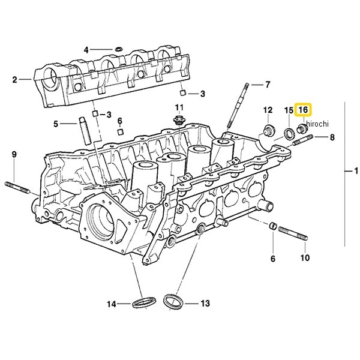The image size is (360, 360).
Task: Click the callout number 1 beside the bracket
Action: (x=349, y=172)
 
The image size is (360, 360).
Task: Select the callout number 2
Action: (x=15, y=79)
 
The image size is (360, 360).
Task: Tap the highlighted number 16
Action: (x=304, y=110)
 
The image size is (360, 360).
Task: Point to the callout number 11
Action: (x=178, y=108)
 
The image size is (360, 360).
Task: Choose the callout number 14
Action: (x=111, y=304)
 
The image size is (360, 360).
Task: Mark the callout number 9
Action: (x=14, y=155)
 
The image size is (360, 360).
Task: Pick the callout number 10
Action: (x=305, y=259)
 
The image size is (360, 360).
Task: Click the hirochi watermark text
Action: (x=314, y=124)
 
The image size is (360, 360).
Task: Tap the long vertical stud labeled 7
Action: (x=239, y=105)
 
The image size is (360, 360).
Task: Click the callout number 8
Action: (x=332, y=138)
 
